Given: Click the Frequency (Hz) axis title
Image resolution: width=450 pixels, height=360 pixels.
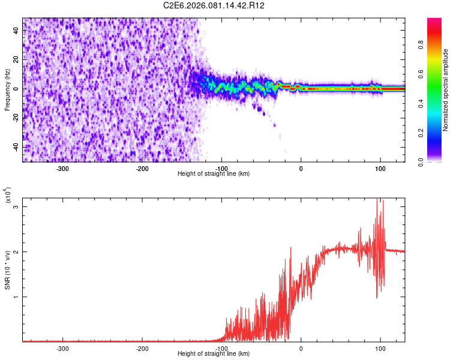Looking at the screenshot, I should (7, 90).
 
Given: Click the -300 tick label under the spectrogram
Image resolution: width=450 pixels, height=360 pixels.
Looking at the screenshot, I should (63, 169).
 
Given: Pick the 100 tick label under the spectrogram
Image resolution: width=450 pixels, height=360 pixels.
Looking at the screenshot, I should (380, 169).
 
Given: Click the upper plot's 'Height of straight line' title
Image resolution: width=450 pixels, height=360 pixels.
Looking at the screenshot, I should (214, 173).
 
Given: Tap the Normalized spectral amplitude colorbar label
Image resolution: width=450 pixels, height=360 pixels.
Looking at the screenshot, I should (445, 90).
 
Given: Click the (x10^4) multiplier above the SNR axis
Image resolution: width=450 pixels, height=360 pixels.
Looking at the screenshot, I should (8, 196).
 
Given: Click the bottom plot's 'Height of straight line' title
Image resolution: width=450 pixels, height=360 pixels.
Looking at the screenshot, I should (214, 353).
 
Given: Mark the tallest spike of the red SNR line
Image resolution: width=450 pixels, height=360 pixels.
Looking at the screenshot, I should (377, 199).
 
